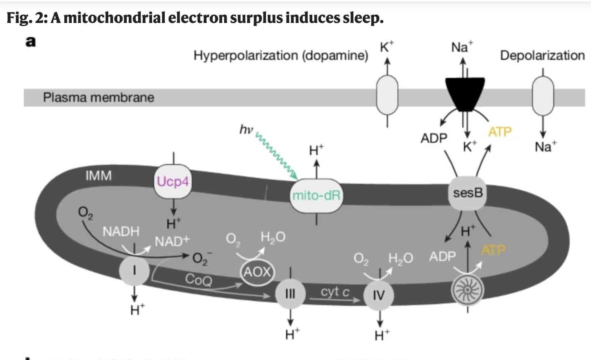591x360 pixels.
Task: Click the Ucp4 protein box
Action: click(x=173, y=181)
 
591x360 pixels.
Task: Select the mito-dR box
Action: click(x=316, y=195)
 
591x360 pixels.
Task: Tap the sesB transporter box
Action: click(x=468, y=193)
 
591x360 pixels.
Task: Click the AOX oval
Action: click(x=257, y=271)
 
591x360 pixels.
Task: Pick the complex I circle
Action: click(x=134, y=271)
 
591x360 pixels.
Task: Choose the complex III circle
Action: click(x=290, y=294)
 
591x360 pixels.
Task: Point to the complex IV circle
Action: click(x=379, y=295)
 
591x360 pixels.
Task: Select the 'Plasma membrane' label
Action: click(x=99, y=98)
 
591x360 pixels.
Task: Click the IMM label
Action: click(x=98, y=175)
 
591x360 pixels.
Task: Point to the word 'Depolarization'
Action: click(x=542, y=55)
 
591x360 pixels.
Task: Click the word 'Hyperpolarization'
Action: click(x=246, y=55)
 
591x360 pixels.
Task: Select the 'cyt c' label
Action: click(x=335, y=292)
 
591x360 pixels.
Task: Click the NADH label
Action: click(x=121, y=231)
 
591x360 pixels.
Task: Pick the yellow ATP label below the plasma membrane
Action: click(x=500, y=132)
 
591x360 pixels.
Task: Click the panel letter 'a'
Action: click(x=31, y=42)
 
